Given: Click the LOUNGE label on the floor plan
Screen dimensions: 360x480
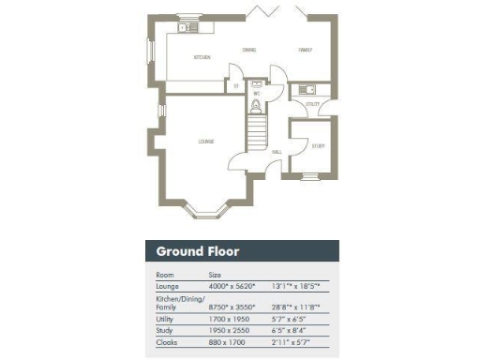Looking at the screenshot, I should pyautogui.click(x=205, y=142).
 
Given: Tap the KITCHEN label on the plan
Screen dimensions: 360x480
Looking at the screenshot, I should pyautogui.click(x=202, y=57).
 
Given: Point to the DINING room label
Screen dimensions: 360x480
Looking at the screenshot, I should pyautogui.click(x=249, y=49).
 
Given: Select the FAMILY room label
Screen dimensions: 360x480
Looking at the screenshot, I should pyautogui.click(x=305, y=49).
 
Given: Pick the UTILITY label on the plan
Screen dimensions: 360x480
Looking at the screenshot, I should pyautogui.click(x=312, y=104).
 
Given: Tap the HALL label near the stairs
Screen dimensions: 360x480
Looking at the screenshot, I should pyautogui.click(x=277, y=151).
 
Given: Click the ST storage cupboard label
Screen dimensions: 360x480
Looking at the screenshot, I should pyautogui.click(x=237, y=85).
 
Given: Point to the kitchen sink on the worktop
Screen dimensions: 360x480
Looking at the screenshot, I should pyautogui.click(x=185, y=27).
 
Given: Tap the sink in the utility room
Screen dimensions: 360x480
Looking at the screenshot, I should pyautogui.click(x=305, y=89).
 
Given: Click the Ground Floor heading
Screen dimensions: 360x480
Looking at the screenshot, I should pyautogui.click(x=197, y=251).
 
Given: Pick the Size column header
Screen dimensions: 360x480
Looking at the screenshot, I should pyautogui.click(x=215, y=275).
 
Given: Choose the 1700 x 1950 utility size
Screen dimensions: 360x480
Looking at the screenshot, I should pyautogui.click(x=226, y=319).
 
